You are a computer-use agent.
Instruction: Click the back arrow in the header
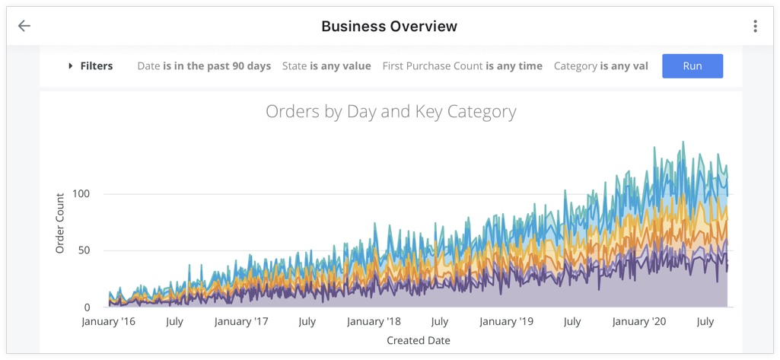pyautogui.click(x=24, y=26)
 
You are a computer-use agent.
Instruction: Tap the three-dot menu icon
pyautogui.click(x=755, y=26)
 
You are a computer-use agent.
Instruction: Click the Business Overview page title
pyautogui.click(x=389, y=26)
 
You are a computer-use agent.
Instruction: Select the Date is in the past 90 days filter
pyautogui.click(x=204, y=66)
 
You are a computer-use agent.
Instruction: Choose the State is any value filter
pyautogui.click(x=326, y=66)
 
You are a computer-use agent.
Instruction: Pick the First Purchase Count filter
pyautogui.click(x=462, y=66)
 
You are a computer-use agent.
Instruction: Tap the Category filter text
pyautogui.click(x=600, y=66)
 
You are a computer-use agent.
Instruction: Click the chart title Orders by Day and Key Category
pyautogui.click(x=390, y=111)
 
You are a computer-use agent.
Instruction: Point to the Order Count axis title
pyautogui.click(x=60, y=223)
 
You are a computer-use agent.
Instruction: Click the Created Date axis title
pyautogui.click(x=418, y=340)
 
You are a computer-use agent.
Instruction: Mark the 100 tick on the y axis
pyautogui.click(x=81, y=193)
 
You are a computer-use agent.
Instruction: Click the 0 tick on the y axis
pyautogui.click(x=88, y=307)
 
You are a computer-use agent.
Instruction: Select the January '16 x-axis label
pyautogui.click(x=108, y=322)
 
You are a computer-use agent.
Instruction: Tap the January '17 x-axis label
pyautogui.click(x=241, y=322)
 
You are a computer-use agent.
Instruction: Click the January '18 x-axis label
pyautogui.click(x=374, y=322)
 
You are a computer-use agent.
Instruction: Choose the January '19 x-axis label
pyautogui.click(x=507, y=322)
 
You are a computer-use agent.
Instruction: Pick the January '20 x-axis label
pyautogui.click(x=639, y=322)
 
